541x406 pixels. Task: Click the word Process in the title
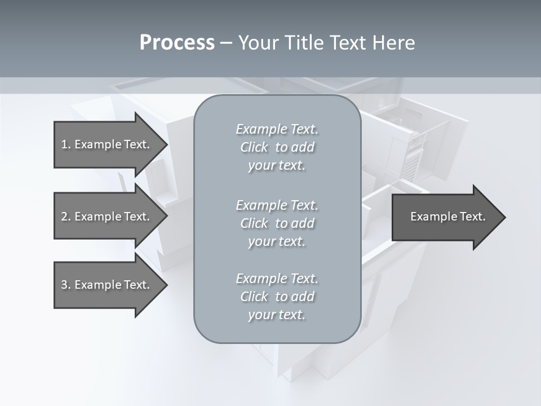(x=177, y=43)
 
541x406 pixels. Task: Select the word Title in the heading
(x=305, y=43)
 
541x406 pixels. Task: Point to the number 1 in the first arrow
(x=64, y=144)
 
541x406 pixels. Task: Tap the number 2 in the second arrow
(x=64, y=217)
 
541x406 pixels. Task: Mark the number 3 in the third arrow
(x=64, y=285)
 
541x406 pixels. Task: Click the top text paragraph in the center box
(x=277, y=147)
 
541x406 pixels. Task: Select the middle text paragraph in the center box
(x=277, y=223)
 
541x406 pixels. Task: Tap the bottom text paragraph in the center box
(x=277, y=297)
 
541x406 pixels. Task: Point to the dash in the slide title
(x=226, y=43)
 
